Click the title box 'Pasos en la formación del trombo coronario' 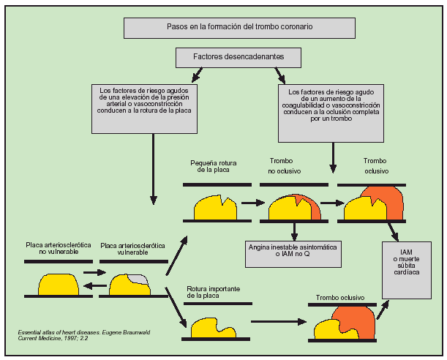pyautogui.click(x=239, y=28)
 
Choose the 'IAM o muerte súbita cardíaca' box pyautogui.click(x=407, y=266)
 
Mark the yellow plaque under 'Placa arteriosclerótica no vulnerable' pyautogui.click(x=59, y=284)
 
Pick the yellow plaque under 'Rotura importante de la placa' pyautogui.click(x=213, y=326)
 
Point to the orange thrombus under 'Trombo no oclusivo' pyautogui.click(x=312, y=207)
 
